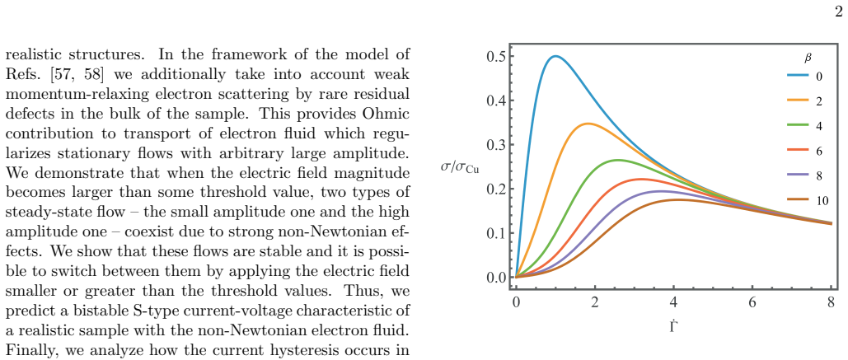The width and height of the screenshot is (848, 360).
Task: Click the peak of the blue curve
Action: [555, 56]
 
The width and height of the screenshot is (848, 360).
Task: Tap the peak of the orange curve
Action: [588, 124]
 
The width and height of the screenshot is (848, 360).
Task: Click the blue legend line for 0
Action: [798, 77]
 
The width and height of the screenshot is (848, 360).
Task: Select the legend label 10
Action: [822, 201]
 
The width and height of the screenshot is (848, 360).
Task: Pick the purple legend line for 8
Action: [798, 176]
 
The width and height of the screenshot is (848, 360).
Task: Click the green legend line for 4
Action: [798, 126]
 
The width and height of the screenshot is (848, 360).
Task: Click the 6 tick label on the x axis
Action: [752, 302]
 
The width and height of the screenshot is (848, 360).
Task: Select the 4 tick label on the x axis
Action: [673, 302]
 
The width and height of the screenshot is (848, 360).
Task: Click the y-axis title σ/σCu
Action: [460, 167]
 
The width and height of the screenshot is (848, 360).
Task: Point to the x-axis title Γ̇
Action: [673, 326]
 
